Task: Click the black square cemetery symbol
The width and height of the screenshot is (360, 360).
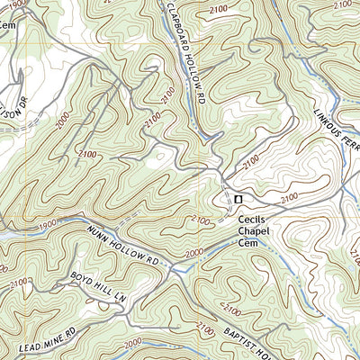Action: [x=238, y=199]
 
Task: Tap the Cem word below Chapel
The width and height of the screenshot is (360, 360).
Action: [x=251, y=243]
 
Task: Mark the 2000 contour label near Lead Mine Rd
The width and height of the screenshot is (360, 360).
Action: [x=132, y=343]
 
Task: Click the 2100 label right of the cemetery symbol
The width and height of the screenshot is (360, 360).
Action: [x=290, y=196]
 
